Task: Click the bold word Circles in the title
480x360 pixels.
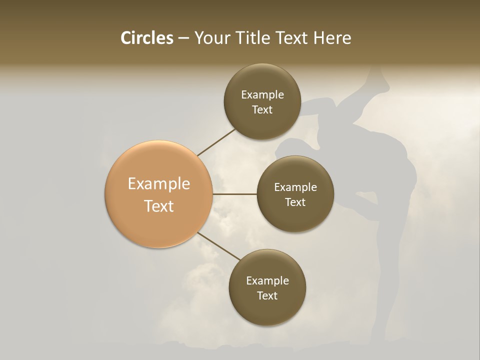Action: [146, 38]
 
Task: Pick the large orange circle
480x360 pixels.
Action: [158, 194]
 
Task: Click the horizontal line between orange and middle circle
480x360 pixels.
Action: [234, 194]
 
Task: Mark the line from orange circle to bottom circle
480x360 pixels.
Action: [218, 246]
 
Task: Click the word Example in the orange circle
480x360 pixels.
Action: [158, 184]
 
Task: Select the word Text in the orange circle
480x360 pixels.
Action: [158, 206]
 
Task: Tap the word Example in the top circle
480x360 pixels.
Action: [262, 94]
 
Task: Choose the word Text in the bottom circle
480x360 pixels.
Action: [267, 295]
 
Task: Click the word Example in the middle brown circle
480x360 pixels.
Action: [295, 187]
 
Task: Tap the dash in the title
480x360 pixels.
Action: [183, 38]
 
